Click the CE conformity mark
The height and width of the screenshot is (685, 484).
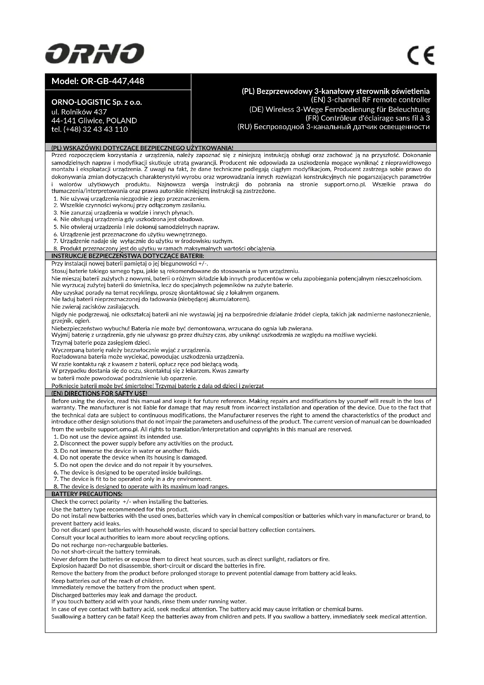421,55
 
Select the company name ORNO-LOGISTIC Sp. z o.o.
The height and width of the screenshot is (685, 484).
97,102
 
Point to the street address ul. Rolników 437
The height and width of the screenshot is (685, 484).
79,112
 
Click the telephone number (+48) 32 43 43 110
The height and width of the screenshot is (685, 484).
90,129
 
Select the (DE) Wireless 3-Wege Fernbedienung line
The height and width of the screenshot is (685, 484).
339,109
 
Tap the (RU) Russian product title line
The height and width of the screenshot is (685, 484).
334,127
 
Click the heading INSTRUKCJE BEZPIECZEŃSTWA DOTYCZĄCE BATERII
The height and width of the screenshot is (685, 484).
128,256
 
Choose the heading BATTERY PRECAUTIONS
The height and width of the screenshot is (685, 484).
87,494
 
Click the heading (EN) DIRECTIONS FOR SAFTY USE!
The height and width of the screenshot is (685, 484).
99,393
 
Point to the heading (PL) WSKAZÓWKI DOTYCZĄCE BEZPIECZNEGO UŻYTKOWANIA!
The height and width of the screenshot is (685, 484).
142,148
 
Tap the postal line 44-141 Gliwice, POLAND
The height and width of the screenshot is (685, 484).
94,121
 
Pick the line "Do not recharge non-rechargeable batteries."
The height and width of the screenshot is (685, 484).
109,545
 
